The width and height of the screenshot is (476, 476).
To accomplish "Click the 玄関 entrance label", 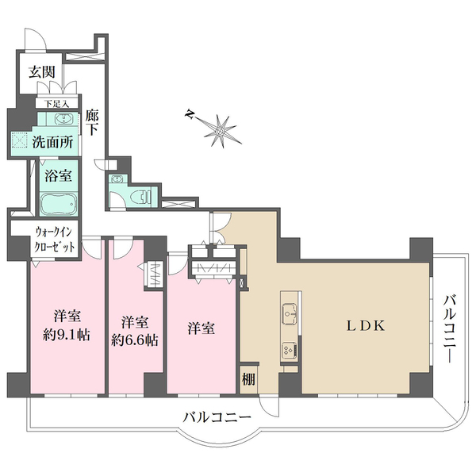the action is coord(42,72).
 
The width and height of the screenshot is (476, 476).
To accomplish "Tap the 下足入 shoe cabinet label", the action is coord(57,104).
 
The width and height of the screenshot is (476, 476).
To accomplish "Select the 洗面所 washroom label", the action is coord(52,142).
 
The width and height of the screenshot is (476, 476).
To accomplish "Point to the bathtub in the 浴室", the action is coord(58,204).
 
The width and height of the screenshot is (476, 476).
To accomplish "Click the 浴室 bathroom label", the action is coord(58,176).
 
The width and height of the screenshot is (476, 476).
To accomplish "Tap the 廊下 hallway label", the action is coord(92,122).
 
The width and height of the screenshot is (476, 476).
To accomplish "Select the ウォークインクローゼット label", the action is coord(54,240).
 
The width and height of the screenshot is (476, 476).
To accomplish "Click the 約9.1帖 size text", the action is coord(66,335).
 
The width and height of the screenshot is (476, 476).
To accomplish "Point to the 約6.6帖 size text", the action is coord(135,340).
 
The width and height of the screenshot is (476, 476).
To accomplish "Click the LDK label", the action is coord(366,326).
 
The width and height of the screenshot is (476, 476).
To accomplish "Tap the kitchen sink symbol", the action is coord(290,313).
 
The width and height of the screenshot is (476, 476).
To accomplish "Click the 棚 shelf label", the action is coord(248,379).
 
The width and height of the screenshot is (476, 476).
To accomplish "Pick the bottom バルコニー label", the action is coord(217,417).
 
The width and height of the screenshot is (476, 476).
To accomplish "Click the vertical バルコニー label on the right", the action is coord(450,328).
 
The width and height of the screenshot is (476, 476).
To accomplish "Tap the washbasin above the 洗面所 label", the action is coord(63,119).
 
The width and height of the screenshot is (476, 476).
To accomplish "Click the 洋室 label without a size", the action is coord(201,328).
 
